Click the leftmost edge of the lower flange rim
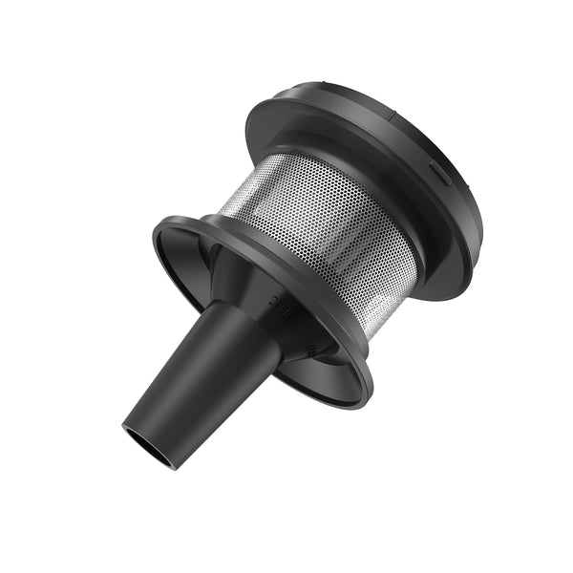point(154,229)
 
